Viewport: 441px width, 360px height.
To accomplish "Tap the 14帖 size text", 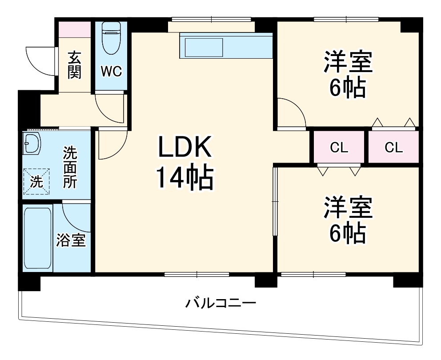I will (x=184, y=178).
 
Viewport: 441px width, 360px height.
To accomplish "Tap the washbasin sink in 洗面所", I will (x=32, y=143).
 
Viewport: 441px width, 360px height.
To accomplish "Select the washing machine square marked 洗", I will (x=36, y=181).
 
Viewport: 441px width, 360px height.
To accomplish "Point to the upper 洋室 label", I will (x=348, y=62).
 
